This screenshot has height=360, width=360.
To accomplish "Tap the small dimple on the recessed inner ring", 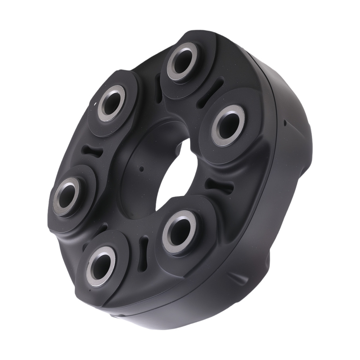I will point(141,169).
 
